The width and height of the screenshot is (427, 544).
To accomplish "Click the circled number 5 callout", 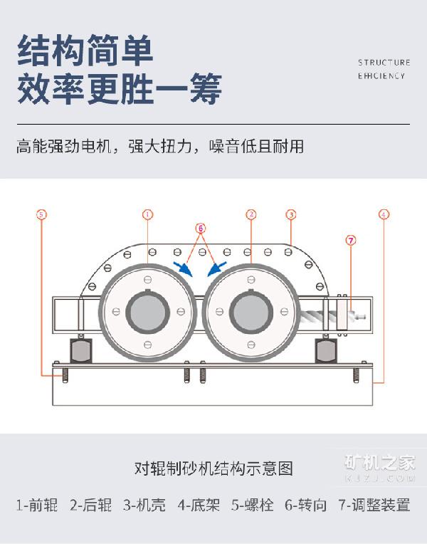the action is pyautogui.click(x=41, y=214).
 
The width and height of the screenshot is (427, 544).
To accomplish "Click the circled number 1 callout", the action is pyautogui.click(x=148, y=214).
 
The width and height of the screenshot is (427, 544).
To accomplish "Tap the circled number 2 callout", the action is pyautogui.click(x=251, y=214).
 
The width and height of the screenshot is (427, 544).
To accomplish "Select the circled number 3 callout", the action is pyautogui.click(x=291, y=215).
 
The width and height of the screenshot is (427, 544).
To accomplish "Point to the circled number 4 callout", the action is pyautogui.click(x=384, y=214).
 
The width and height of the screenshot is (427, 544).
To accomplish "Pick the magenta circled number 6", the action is pyautogui.click(x=201, y=228).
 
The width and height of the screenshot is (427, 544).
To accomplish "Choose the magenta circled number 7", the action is pyautogui.click(x=351, y=240).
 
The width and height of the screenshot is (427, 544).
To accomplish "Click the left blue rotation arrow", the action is pyautogui.click(x=183, y=269).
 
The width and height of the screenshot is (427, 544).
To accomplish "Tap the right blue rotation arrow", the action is pyautogui.click(x=217, y=269).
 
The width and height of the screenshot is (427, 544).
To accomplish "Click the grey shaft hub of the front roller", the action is pyautogui.click(x=148, y=312).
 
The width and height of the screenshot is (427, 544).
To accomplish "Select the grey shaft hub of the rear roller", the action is pyautogui.click(x=251, y=312).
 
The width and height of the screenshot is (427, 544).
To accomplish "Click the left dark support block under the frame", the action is pyautogui.click(x=81, y=350).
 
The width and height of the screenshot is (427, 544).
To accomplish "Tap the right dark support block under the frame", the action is pyautogui.click(x=326, y=350).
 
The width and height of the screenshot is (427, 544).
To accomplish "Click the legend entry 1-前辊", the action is pyautogui.click(x=37, y=505).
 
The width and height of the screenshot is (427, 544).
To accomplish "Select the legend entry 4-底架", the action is pyautogui.click(x=199, y=505).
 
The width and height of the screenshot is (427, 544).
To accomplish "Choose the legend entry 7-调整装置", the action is pyautogui.click(x=374, y=505).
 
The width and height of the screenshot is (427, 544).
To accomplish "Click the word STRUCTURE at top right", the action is pyautogui.click(x=384, y=63).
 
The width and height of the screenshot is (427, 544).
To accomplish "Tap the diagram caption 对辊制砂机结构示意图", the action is pyautogui.click(x=213, y=469).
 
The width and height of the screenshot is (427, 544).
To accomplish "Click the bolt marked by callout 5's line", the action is pyautogui.click(x=65, y=375).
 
